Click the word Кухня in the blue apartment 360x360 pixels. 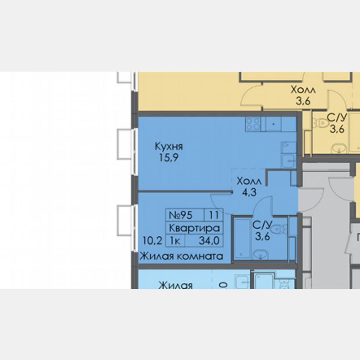[x=169, y=147]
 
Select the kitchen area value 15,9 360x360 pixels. [x=168, y=158]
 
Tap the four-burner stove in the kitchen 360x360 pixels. [x=253, y=124]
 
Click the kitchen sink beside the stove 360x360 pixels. [x=274, y=124]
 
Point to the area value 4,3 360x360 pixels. [x=249, y=192]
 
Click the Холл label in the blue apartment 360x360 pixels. [x=249, y=182]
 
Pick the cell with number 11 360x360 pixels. [x=214, y=215]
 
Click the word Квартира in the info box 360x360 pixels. [x=194, y=228]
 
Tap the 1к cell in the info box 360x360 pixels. [x=175, y=240]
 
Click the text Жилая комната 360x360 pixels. [x=181, y=256]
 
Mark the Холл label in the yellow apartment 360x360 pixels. [x=303, y=90]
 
